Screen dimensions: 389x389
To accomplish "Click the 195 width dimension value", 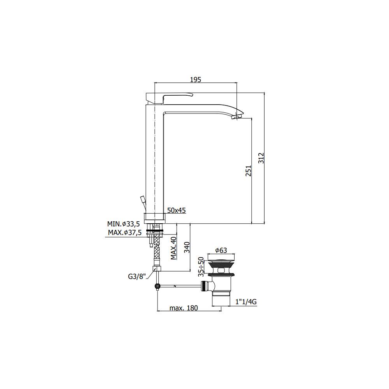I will click(x=195, y=79).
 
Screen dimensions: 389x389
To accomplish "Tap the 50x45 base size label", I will click(x=176, y=210).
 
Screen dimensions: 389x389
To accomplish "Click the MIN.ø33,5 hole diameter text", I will click(x=123, y=224).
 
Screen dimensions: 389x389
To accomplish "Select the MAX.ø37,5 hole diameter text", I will click(x=124, y=233).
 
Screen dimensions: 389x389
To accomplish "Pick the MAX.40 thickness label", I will click(x=173, y=248).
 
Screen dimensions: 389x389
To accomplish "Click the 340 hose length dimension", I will click(x=186, y=247).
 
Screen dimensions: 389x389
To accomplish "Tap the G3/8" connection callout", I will click(x=137, y=277).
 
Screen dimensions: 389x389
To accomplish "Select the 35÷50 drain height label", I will click(x=201, y=266).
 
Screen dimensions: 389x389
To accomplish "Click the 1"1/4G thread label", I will click(x=246, y=301).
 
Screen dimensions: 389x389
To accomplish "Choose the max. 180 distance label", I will click(x=184, y=308).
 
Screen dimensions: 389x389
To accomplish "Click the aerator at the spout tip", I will click(x=237, y=116).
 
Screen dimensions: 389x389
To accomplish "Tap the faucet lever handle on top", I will click(x=177, y=95).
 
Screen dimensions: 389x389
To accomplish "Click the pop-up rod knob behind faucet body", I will click(x=142, y=199).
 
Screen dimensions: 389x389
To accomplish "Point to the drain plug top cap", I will click(x=222, y=259).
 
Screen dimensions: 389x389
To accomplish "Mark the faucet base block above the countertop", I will click(x=155, y=217).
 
